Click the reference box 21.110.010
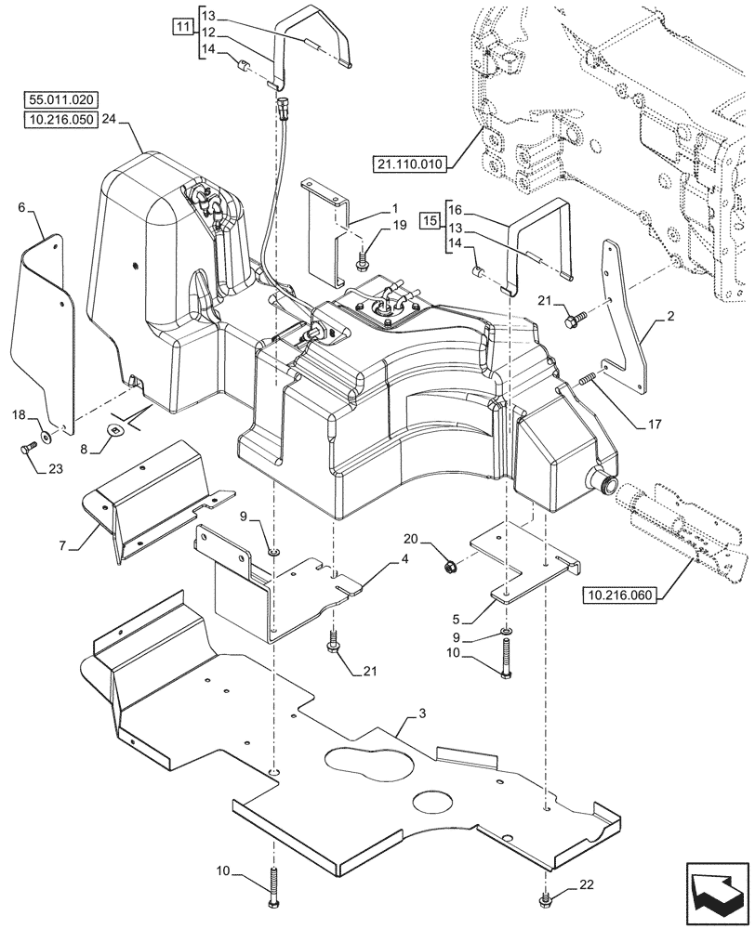click(x=410, y=164)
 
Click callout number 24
click(x=109, y=119)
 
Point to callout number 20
click(x=411, y=540)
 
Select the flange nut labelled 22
click(x=544, y=899)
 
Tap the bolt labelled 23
click(x=25, y=449)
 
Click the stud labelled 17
click(x=587, y=380)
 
